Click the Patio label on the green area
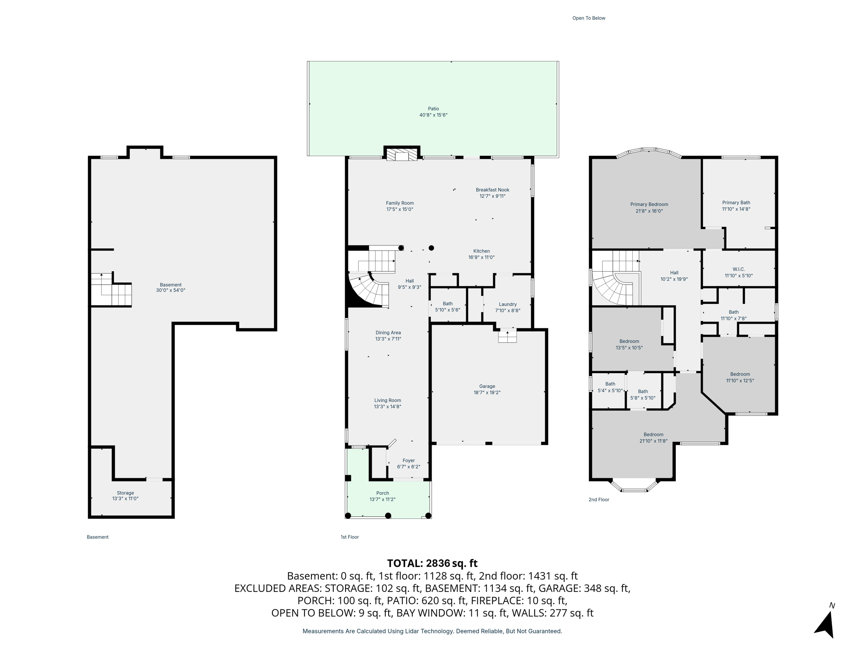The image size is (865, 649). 433,109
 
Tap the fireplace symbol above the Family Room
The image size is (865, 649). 402,155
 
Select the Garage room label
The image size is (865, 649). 487,386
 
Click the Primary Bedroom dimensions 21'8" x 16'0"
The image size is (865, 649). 649,211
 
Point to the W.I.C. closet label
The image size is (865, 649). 739,269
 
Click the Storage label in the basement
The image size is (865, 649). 125,493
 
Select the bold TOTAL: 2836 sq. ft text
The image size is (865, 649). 432,563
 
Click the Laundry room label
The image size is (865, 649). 508,304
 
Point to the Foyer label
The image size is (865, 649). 408,461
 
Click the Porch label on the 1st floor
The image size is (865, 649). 383,493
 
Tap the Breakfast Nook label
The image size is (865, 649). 492,190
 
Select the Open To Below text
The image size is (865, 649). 589,18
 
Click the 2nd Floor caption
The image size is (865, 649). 599,499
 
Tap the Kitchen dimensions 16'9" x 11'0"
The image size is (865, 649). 481,257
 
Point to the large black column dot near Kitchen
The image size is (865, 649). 431,248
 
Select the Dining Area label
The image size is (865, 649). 388,333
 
